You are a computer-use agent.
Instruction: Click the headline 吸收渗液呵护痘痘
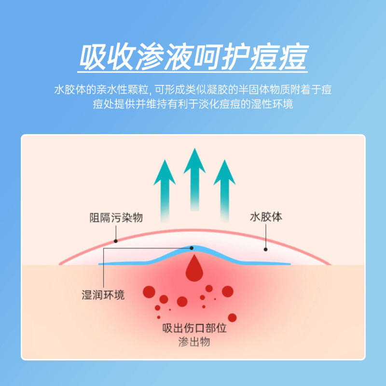(193, 58)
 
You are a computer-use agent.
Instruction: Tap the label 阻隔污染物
(116, 218)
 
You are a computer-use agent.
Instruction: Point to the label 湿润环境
(103, 295)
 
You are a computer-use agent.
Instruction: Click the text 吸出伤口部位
(194, 329)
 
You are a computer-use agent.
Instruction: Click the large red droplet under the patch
(194, 269)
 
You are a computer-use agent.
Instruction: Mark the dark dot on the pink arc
(115, 241)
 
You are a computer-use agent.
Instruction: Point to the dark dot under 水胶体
(265, 249)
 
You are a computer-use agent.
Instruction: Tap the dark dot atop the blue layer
(192, 248)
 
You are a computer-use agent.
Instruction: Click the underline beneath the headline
(193, 73)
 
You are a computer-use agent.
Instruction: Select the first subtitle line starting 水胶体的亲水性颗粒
(193, 90)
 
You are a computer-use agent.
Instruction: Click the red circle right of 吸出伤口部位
(233, 317)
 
